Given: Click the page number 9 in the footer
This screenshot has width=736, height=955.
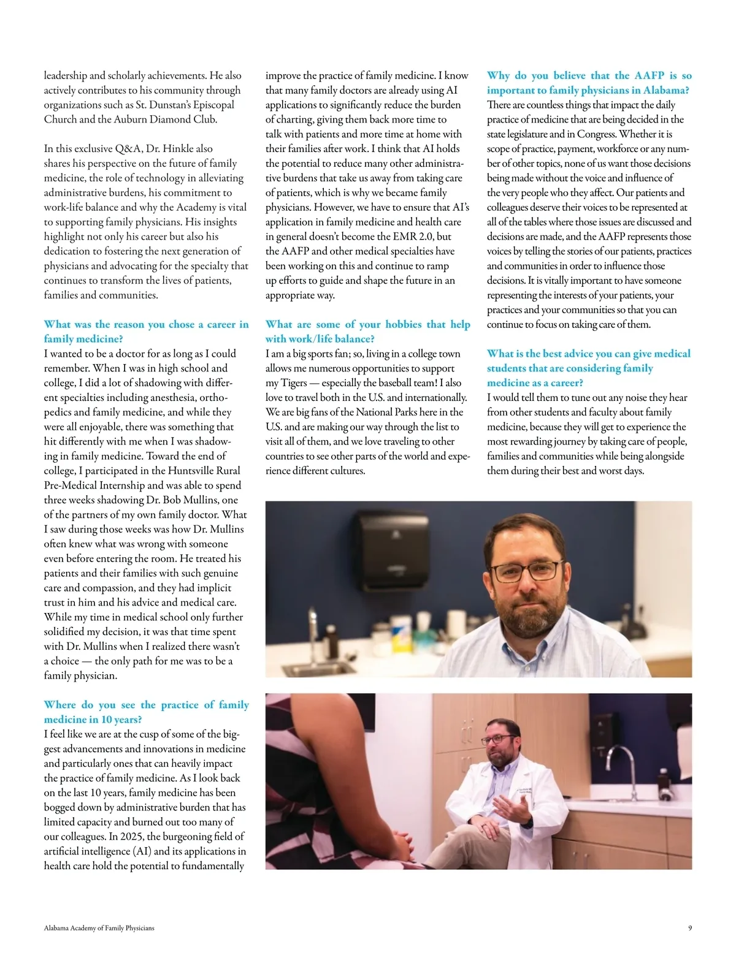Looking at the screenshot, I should [x=690, y=928].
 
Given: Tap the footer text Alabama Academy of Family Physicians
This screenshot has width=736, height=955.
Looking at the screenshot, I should [x=99, y=928].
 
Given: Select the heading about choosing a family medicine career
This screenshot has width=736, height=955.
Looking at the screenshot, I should [x=146, y=332].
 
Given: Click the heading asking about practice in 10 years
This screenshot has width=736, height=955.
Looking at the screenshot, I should [x=146, y=712].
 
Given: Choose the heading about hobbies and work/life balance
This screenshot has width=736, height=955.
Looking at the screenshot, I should [x=367, y=332].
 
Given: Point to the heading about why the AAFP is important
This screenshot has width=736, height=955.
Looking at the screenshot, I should [x=589, y=83].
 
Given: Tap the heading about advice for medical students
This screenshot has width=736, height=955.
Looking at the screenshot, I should [x=588, y=368].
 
